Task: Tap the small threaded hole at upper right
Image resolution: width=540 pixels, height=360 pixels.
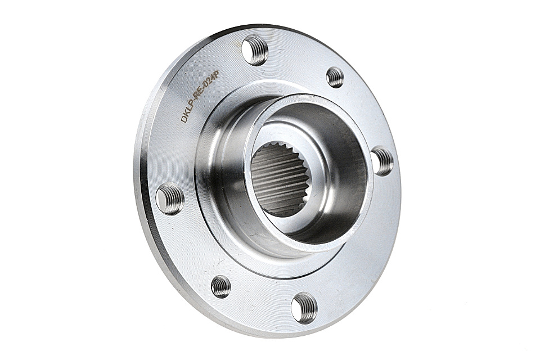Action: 335,77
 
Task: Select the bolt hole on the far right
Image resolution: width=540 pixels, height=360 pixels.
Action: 382,161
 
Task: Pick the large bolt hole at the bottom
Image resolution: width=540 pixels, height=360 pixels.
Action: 304,308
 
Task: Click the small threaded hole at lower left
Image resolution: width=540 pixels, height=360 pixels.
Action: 220,286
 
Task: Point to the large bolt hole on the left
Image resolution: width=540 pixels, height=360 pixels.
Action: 170,199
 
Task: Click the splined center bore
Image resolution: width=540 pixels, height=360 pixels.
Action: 278,178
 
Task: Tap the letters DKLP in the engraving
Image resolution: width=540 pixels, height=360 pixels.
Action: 188,112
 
